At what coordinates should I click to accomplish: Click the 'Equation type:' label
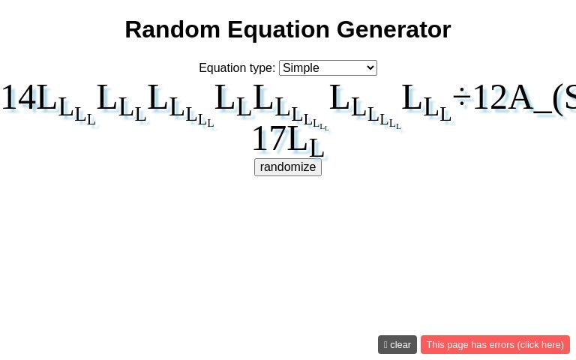(237, 68)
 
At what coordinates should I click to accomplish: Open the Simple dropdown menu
(328, 68)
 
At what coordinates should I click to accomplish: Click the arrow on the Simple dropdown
(369, 68)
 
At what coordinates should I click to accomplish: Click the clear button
(397, 345)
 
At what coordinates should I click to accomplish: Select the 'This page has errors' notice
(495, 345)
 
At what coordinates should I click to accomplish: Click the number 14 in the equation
(19, 98)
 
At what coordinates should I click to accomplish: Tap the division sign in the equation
(461, 98)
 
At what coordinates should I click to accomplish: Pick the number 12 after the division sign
(489, 98)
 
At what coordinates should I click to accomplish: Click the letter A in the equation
(520, 98)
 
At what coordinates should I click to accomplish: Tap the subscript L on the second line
(316, 148)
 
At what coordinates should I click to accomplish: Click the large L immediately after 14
(47, 98)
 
